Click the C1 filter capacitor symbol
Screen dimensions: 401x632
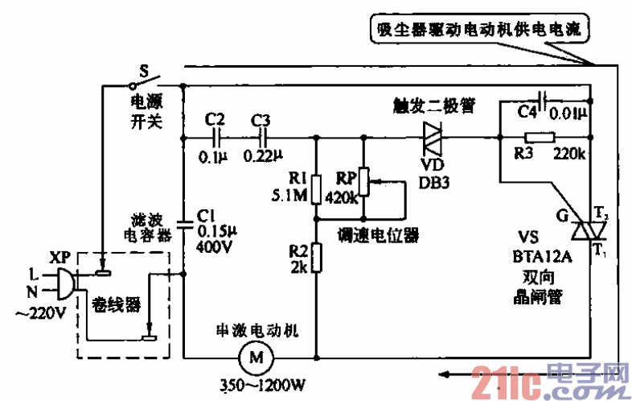pos(184,217)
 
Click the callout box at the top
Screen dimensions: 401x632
pos(482,31)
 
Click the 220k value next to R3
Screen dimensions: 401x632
pos(569,153)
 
